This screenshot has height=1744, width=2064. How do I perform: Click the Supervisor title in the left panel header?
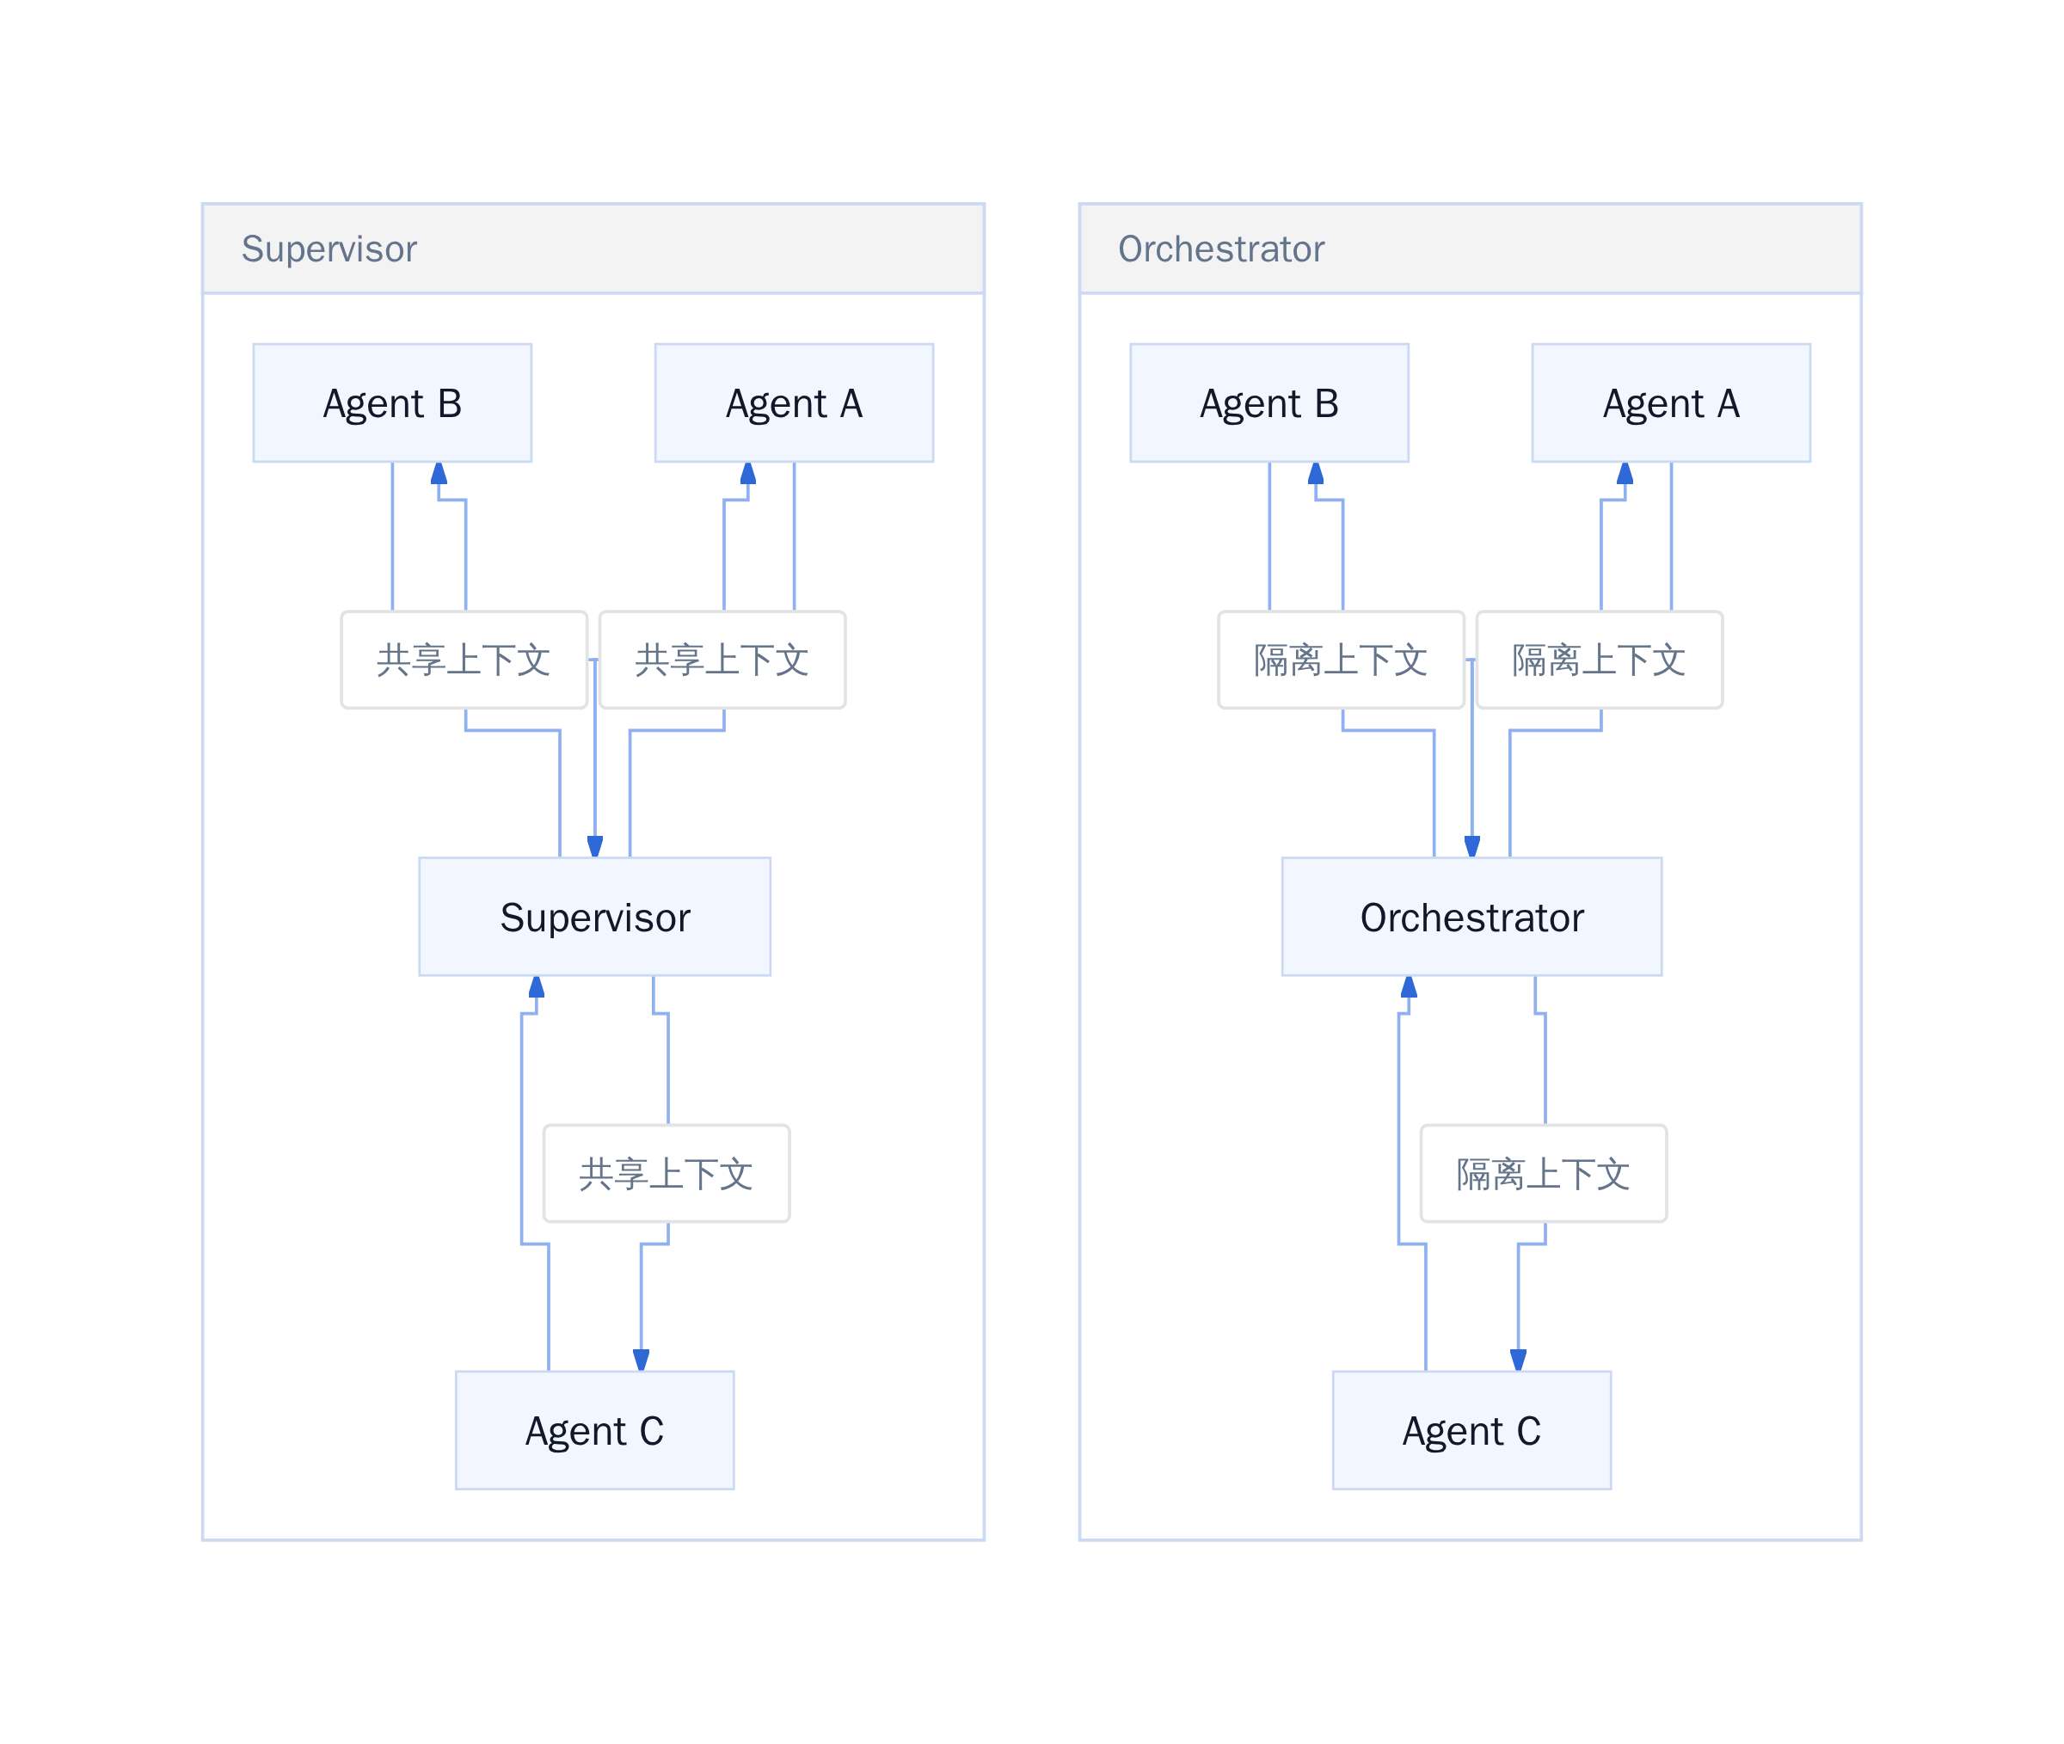click(x=329, y=249)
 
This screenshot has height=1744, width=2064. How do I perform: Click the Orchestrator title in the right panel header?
click(x=1221, y=249)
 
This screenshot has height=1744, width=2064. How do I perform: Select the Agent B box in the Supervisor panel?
click(x=392, y=402)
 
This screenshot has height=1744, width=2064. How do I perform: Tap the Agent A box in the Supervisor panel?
click(x=794, y=402)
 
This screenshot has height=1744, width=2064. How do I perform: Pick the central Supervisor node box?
click(x=595, y=917)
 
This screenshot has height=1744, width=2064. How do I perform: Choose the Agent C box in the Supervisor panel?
click(x=595, y=1429)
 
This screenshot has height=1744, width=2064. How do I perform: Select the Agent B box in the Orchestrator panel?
click(x=1269, y=402)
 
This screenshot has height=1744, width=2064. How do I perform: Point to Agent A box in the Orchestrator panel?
click(x=1671, y=402)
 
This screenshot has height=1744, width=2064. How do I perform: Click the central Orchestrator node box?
click(x=1471, y=917)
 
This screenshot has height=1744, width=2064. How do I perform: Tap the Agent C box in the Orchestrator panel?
click(x=1471, y=1429)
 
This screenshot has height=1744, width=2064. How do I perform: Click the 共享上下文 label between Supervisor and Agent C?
click(x=666, y=1174)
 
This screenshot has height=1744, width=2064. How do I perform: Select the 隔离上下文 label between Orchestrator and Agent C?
click(x=1543, y=1174)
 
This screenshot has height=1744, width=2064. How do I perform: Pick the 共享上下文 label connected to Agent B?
click(x=464, y=660)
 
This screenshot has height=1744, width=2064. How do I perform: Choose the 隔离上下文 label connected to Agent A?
click(x=1600, y=660)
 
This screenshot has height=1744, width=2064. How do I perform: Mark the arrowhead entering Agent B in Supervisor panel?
click(x=439, y=473)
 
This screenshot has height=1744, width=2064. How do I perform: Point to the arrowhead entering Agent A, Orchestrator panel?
click(x=1625, y=473)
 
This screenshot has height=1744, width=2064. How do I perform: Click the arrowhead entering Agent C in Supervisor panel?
click(x=642, y=1360)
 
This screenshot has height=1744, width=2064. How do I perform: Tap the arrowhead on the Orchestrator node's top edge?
click(x=1471, y=846)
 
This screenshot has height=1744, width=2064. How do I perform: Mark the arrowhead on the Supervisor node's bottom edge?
click(x=537, y=986)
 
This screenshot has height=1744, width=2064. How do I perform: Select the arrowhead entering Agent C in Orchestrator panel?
click(x=1519, y=1360)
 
